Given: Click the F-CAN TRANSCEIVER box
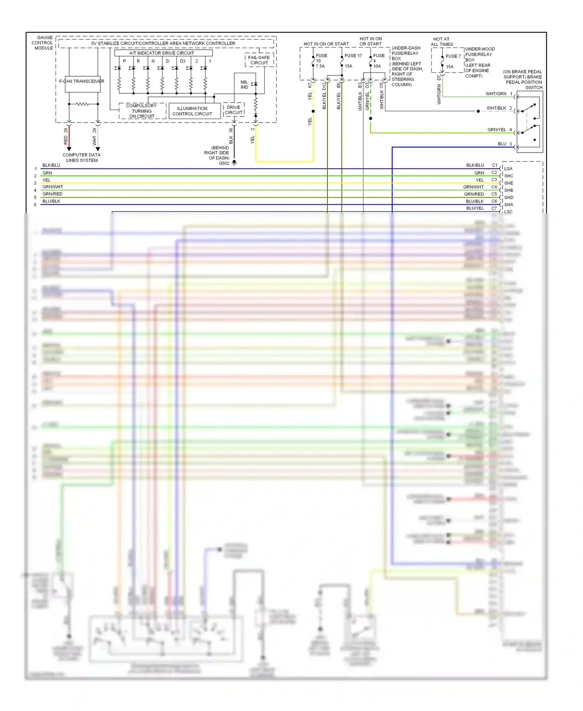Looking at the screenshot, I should click(x=82, y=84).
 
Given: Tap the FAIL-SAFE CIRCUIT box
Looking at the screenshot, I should click(x=259, y=60).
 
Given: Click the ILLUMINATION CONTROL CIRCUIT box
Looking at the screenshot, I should click(x=192, y=111).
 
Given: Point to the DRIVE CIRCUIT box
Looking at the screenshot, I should click(x=234, y=110).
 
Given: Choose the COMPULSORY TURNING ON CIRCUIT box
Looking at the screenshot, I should click(x=141, y=111).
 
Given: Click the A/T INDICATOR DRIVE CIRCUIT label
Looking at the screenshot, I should click(x=162, y=53).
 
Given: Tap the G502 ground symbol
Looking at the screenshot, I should click(x=234, y=163).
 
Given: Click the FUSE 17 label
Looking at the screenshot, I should click(x=353, y=56).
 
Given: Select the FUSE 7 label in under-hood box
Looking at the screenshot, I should click(x=453, y=56).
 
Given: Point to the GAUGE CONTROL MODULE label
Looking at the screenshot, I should click(x=42, y=43).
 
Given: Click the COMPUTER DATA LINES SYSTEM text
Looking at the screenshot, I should click(x=82, y=158).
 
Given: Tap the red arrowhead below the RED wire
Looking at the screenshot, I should click(x=69, y=149).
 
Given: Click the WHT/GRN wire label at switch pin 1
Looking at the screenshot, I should click(x=496, y=94).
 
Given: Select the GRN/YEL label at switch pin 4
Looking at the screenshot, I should click(x=497, y=130).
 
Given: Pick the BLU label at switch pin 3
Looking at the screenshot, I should click(x=502, y=144).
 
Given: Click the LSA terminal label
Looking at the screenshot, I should click(x=508, y=169).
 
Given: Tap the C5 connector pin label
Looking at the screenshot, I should click(x=494, y=194).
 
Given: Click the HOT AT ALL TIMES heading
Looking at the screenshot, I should click(x=442, y=42).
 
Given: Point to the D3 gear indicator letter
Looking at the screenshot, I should click(x=183, y=61).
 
